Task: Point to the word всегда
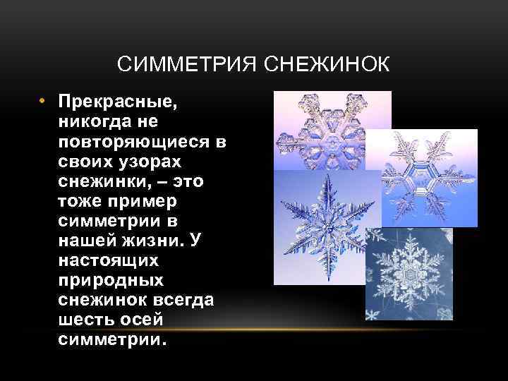[184, 301]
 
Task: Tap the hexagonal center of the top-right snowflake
[424, 179]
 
